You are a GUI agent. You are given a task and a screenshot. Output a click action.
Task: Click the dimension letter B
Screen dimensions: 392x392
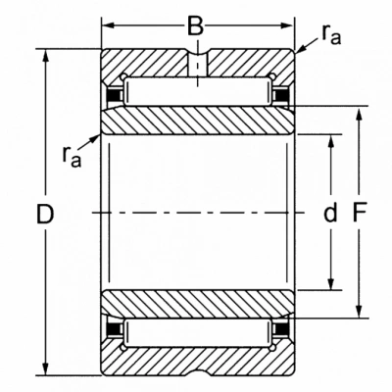pyautogui.click(x=196, y=25)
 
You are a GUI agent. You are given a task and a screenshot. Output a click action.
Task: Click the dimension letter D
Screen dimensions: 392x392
pyautogui.click(x=45, y=214)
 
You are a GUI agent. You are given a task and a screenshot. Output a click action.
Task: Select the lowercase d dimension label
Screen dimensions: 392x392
pyautogui.click(x=330, y=212)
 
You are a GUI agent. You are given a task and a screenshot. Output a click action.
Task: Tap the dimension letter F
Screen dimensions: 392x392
pyautogui.click(x=361, y=213)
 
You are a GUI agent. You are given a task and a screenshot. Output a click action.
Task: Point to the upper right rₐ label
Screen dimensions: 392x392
pyautogui.click(x=331, y=34)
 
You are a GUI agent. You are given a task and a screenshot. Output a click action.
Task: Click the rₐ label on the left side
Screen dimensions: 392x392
pyautogui.click(x=72, y=157)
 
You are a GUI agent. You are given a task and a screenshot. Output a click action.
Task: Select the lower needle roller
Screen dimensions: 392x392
pyautogui.click(x=197, y=332)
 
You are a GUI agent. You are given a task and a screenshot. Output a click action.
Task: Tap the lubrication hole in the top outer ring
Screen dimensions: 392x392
pyautogui.click(x=197, y=64)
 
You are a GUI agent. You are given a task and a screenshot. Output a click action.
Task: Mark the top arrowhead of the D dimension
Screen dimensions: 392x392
pyautogui.click(x=46, y=56)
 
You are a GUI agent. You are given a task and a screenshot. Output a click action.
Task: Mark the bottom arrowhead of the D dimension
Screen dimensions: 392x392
pyautogui.click(x=46, y=369)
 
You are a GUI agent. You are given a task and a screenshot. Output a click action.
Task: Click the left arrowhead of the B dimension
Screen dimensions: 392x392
pyautogui.click(x=108, y=25)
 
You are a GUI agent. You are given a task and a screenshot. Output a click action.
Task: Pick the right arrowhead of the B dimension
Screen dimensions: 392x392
pyautogui.click(x=287, y=25)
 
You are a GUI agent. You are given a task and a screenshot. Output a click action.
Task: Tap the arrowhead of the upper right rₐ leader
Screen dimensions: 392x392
pyautogui.click(x=301, y=49)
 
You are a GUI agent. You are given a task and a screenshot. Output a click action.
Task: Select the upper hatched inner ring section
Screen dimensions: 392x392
pyautogui.click(x=197, y=121)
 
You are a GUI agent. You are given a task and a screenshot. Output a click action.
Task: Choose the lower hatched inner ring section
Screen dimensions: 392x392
pyautogui.click(x=197, y=304)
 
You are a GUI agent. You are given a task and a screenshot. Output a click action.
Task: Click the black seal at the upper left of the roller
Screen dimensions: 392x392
pyautogui.click(x=114, y=95)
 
